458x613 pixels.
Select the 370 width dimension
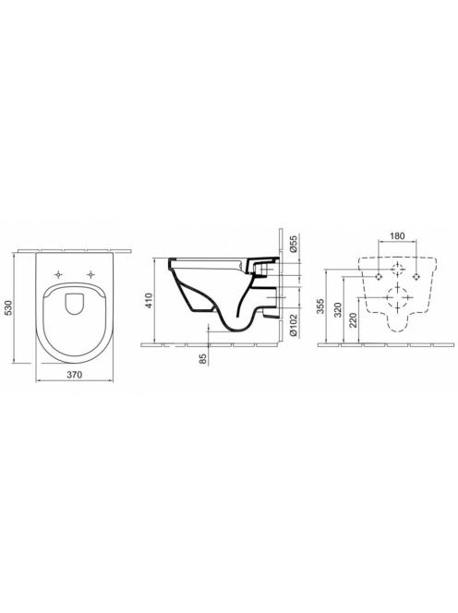(x=74, y=375)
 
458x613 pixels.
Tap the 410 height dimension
(x=149, y=300)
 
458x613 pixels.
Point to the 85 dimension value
(x=203, y=358)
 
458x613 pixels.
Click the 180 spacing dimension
(x=397, y=235)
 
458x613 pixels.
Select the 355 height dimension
(x=320, y=306)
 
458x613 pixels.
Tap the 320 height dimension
(x=338, y=309)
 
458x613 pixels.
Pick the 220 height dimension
(x=354, y=320)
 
